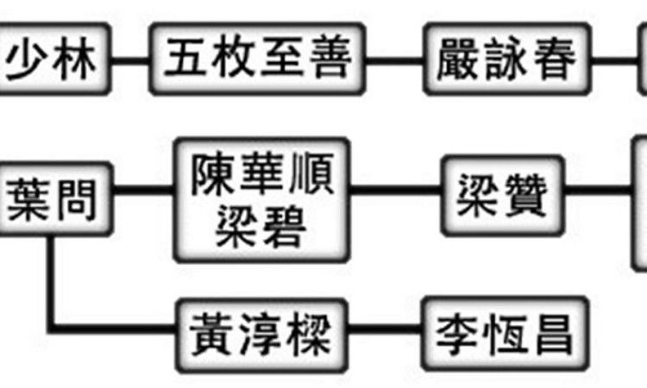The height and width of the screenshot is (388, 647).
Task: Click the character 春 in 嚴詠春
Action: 554,60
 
